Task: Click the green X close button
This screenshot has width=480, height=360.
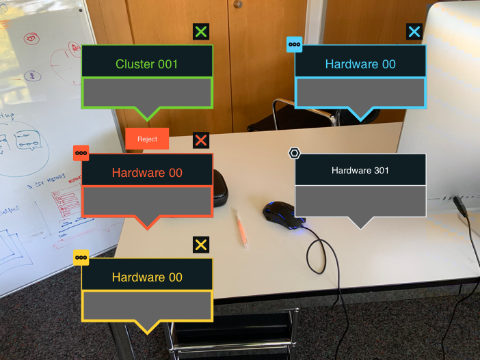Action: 200,31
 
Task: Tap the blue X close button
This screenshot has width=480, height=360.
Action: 414,31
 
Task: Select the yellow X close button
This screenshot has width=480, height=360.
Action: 200,245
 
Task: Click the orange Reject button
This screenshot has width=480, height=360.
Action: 147,139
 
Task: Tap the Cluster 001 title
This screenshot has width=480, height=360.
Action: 147,64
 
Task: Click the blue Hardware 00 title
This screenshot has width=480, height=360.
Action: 360,64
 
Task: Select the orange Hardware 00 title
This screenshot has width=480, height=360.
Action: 147,173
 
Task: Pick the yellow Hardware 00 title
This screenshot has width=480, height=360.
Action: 147,277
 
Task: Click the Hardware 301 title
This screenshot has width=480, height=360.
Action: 360,170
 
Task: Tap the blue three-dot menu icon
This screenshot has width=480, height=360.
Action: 294,44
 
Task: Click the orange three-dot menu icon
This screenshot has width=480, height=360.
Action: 81,153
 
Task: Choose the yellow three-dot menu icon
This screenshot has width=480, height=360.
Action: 81,258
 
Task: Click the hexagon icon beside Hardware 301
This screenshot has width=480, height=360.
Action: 294,153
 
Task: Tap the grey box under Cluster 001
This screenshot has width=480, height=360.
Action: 147,92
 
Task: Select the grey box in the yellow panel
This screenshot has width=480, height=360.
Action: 147,305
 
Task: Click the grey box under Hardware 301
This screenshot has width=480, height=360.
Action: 360,201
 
